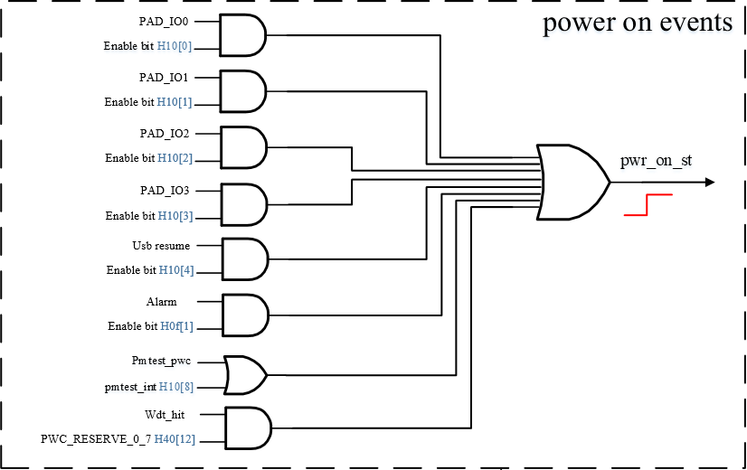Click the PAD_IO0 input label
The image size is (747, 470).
[165, 20]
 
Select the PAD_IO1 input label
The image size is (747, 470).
[165, 77]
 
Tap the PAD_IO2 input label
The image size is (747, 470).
[165, 133]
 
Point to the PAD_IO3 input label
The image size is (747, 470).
[165, 191]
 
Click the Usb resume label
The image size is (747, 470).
[161, 245]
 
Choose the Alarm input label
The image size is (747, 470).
[162, 301]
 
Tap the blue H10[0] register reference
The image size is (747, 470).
[175, 47]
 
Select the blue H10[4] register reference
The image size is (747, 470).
[175, 270]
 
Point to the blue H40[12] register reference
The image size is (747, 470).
[175, 439]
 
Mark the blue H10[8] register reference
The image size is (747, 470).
[175, 386]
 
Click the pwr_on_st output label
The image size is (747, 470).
[656, 162]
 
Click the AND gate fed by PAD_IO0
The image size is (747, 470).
[242, 34]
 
